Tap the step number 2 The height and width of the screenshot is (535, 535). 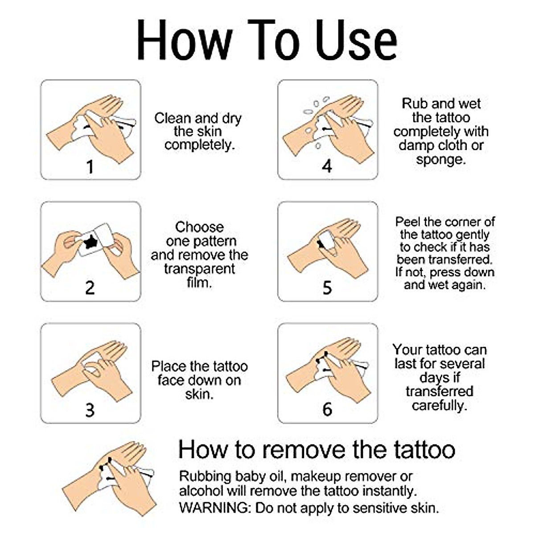(90, 288)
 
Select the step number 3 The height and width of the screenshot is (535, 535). (90, 410)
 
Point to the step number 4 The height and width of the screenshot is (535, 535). (327, 166)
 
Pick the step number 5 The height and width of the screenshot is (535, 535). (327, 288)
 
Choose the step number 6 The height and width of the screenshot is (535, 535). (327, 409)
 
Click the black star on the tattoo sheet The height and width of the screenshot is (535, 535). (91, 242)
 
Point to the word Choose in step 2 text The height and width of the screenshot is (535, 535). (199, 227)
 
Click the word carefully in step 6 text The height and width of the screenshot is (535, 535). (439, 405)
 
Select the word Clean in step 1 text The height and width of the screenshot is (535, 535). (173, 118)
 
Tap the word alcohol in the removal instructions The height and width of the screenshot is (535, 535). (201, 491)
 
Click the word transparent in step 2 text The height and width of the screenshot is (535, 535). (199, 269)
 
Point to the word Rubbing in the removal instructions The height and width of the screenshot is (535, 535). (206, 476)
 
